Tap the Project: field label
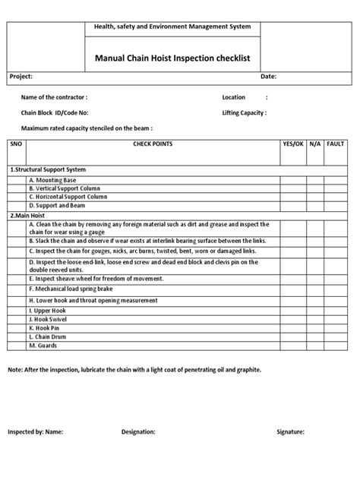[21, 77]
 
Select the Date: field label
[268, 77]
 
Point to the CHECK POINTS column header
[153, 143]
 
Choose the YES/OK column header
[292, 143]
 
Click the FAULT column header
[336, 143]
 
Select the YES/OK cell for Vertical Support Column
[292, 188]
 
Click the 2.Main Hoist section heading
[28, 215]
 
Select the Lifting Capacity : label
[243, 112]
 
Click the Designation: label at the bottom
[138, 432]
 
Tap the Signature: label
[290, 432]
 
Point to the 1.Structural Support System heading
[47, 169]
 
